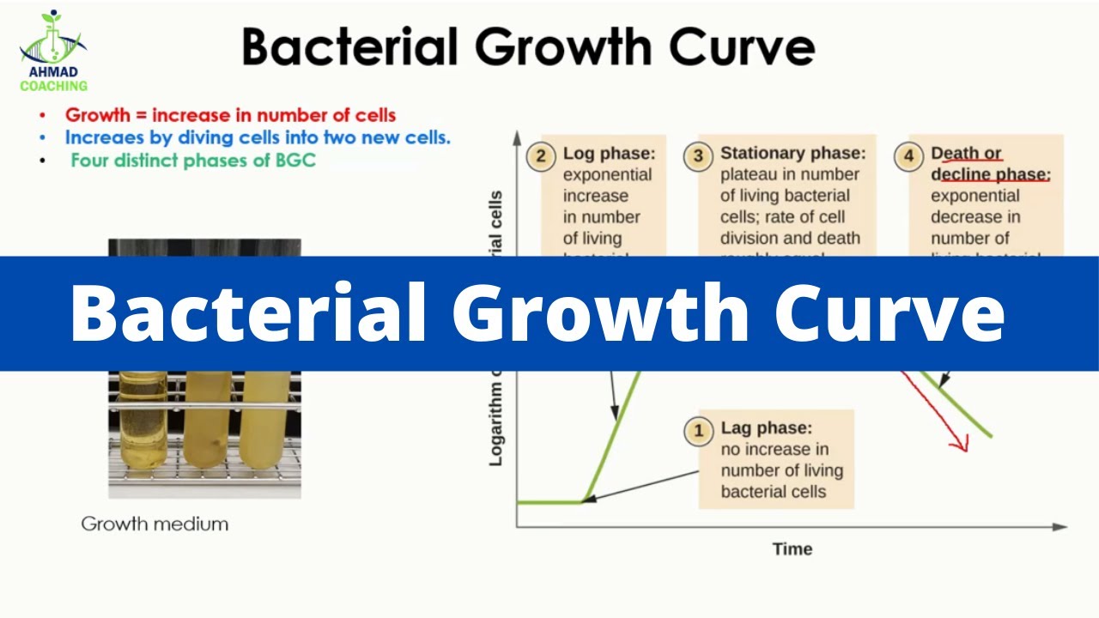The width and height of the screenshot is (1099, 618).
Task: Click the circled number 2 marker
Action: pyautogui.click(x=540, y=157)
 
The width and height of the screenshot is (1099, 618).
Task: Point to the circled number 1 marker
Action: pyautogui.click(x=698, y=431)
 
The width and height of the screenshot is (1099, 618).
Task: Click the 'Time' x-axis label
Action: pyautogui.click(x=792, y=549)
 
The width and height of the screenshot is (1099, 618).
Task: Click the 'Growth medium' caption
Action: pyautogui.click(x=155, y=524)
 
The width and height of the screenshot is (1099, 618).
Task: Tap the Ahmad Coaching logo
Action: pyautogui.click(x=53, y=51)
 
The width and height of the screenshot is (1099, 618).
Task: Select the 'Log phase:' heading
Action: pyautogui.click(x=609, y=154)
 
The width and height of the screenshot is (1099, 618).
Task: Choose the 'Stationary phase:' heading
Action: pyautogui.click(x=792, y=154)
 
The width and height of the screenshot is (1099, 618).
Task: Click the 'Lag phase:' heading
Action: pyautogui.click(x=766, y=428)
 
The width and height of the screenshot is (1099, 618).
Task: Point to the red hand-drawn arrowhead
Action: pyautogui.click(x=958, y=442)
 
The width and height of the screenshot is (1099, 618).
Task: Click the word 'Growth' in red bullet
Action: pyautogui.click(x=96, y=115)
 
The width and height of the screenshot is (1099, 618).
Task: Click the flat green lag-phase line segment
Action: pyautogui.click(x=549, y=501)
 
